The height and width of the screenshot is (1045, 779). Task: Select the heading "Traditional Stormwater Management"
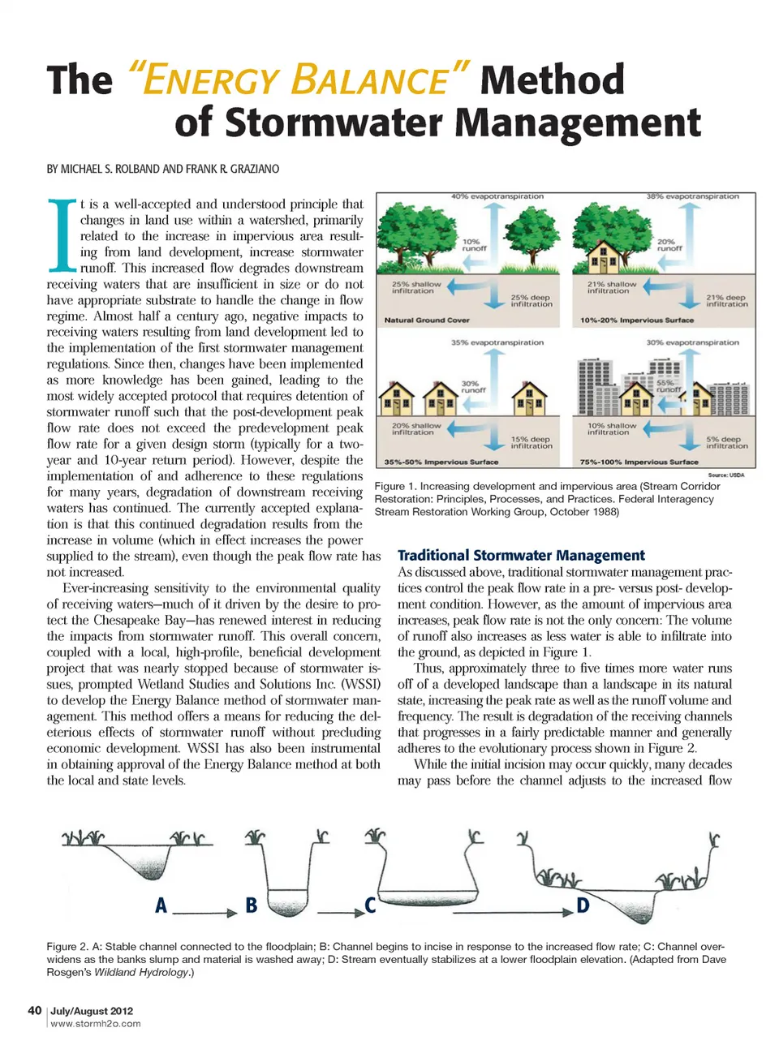(x=521, y=556)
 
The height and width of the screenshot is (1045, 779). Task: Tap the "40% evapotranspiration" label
(x=497, y=196)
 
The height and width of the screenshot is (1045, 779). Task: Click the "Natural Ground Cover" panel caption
(x=427, y=320)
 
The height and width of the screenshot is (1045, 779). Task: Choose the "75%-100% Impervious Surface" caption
(x=639, y=462)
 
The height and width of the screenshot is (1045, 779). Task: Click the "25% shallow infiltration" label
(x=415, y=288)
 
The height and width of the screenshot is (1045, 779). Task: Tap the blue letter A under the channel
(x=161, y=905)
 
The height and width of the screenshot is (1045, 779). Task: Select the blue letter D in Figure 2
(x=583, y=905)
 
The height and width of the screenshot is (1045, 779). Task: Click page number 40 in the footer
(x=34, y=1011)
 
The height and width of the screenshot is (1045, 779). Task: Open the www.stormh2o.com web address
(x=95, y=1024)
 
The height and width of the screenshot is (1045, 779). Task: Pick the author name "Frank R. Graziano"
(x=233, y=170)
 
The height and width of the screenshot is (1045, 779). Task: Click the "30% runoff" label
(x=472, y=386)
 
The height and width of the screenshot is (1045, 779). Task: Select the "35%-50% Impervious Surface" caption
(x=441, y=462)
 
